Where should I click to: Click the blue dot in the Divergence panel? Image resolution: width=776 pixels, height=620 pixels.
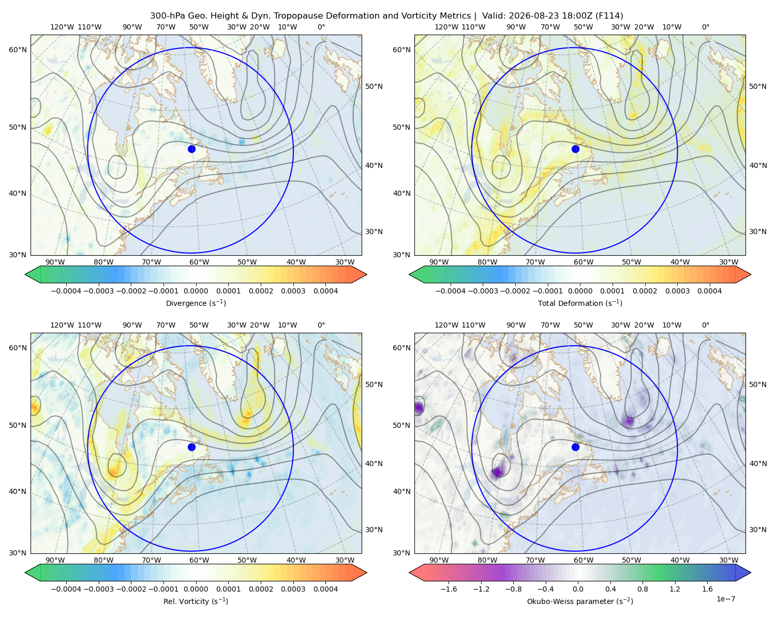pyautogui.click(x=191, y=149)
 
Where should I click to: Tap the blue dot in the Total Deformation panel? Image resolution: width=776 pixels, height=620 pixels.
pyautogui.click(x=575, y=149)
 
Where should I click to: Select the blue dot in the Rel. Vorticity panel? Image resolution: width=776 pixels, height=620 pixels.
pyautogui.click(x=191, y=447)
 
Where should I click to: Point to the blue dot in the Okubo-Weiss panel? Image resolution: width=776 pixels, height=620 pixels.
pyautogui.click(x=575, y=447)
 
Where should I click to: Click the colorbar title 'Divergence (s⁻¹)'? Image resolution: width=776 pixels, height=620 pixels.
pyautogui.click(x=196, y=303)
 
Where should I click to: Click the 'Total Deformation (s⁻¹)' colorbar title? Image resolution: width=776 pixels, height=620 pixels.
pyautogui.click(x=580, y=303)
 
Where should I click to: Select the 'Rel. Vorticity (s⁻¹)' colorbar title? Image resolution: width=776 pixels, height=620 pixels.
pyautogui.click(x=196, y=601)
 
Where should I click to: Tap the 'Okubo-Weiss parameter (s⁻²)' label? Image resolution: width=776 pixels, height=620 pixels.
pyautogui.click(x=580, y=601)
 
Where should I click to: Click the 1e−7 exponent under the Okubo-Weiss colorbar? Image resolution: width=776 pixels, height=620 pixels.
pyautogui.click(x=725, y=599)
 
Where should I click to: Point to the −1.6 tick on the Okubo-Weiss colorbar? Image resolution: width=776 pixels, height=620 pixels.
pyautogui.click(x=449, y=588)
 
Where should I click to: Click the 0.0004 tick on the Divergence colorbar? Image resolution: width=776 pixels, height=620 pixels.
pyautogui.click(x=325, y=291)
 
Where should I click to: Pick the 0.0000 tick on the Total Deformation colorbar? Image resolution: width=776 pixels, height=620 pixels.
pyautogui.click(x=580, y=291)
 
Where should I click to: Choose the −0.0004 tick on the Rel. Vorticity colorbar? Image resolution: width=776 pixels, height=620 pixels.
pyautogui.click(x=66, y=588)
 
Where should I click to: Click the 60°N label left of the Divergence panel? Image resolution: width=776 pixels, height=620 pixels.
pyautogui.click(x=18, y=50)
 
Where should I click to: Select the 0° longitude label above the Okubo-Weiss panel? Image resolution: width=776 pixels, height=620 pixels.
pyautogui.click(x=705, y=324)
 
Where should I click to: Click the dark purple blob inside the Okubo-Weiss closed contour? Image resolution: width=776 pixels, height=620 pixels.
pyautogui.click(x=498, y=471)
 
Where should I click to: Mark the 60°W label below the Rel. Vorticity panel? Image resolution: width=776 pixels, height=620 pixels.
pyautogui.click(x=199, y=560)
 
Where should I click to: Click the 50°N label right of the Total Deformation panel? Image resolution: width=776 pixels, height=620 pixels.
pyautogui.click(x=757, y=86)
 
